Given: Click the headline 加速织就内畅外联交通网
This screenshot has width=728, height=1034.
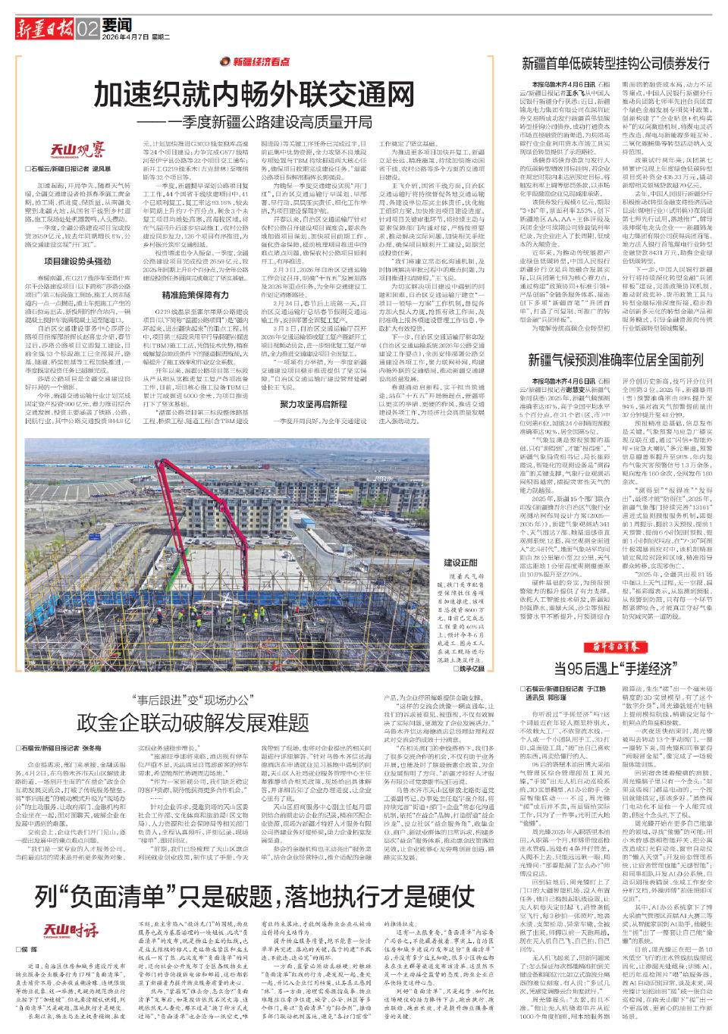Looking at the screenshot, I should coord(252,96).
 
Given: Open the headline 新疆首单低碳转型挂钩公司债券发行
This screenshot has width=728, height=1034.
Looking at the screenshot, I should coord(615,64).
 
